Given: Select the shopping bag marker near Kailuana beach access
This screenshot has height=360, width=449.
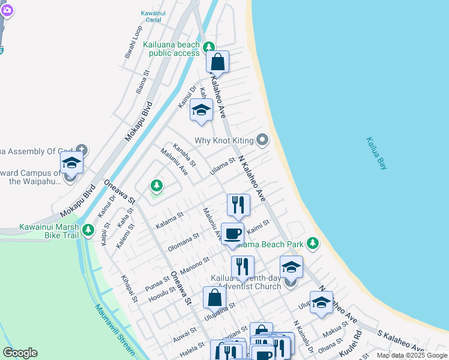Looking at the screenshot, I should pos(217,61).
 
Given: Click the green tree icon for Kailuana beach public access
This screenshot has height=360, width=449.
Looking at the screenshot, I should pos(208,46).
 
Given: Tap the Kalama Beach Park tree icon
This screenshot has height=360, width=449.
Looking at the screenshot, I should pos(312,243).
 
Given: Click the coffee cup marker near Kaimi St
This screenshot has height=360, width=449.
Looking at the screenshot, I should pos(232,233).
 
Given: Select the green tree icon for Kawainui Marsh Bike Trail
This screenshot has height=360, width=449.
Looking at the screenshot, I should pos(88,229).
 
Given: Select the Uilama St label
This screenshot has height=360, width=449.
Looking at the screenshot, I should pos(222,165).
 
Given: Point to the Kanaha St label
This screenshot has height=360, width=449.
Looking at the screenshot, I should pos(184,154).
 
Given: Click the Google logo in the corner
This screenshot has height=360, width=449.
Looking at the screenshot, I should pos(20,353).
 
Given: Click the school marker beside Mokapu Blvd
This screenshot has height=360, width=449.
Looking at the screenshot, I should pos(71,163).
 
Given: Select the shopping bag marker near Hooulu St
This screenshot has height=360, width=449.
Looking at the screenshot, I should pos(214,297).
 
